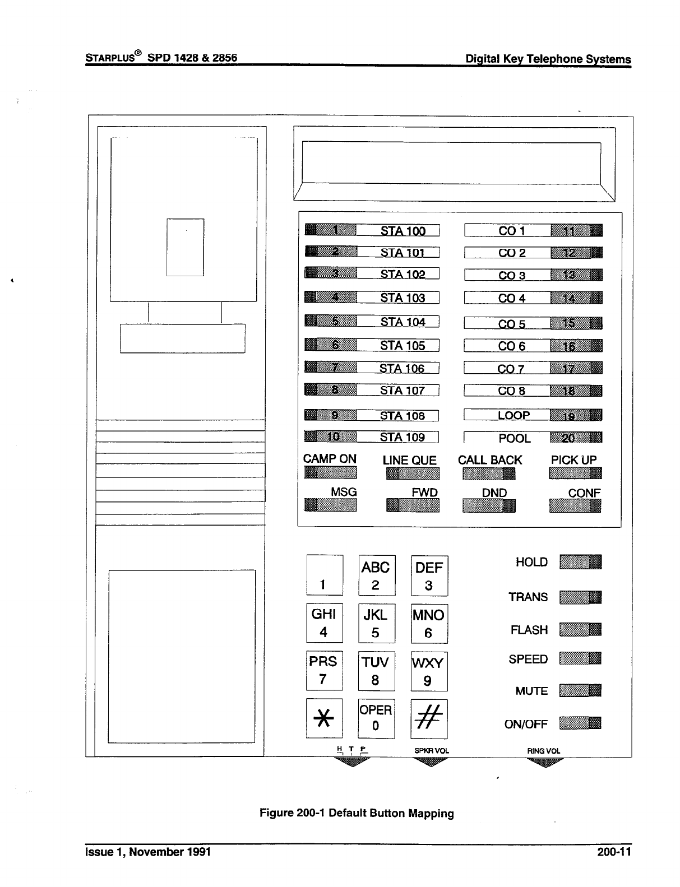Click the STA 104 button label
[x=403, y=322]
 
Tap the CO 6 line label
[x=511, y=346]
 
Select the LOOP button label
[x=514, y=415]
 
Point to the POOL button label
[x=514, y=438]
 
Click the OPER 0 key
[x=376, y=718]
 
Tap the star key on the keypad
[x=324, y=718]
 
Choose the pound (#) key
[x=429, y=718]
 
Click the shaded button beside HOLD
[x=580, y=561]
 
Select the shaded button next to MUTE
[x=580, y=690]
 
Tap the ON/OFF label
[x=525, y=724]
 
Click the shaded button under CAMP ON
[x=330, y=473]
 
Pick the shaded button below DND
[x=488, y=506]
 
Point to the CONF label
[x=584, y=493]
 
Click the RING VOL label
[x=543, y=751]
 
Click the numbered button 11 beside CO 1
[x=576, y=230]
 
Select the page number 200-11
[x=614, y=852]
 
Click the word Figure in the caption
[x=277, y=813]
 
